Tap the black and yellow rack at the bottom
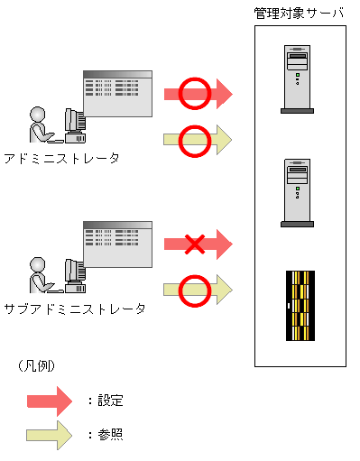299,306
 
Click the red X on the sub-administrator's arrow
195,244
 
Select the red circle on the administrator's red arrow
194,92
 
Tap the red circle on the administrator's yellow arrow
194,140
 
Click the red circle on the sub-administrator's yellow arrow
194,290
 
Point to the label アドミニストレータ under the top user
61,158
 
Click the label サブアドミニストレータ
74,309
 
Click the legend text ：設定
105,400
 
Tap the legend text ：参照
105,434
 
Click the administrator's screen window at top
116,93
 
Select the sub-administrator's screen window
116,244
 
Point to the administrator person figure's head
38,114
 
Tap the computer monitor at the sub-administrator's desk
74,271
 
